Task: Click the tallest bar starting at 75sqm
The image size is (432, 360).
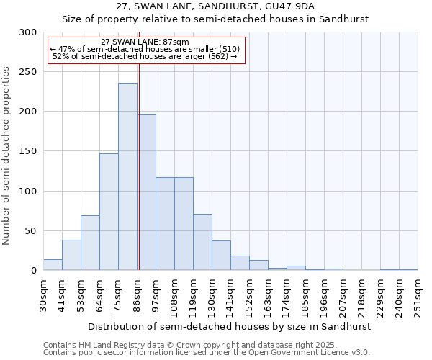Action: pos(127,176)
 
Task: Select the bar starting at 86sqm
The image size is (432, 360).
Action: pos(146,192)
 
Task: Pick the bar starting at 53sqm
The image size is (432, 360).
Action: pos(90,243)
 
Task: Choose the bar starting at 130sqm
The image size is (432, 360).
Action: pos(221,256)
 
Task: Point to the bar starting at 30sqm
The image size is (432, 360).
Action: pos(53,264)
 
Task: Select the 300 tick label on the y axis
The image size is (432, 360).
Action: pos(28,32)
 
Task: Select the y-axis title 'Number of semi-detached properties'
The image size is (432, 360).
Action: pos(7,156)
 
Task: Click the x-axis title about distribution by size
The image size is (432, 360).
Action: pos(230,326)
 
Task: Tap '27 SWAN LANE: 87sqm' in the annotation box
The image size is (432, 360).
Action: pos(145,42)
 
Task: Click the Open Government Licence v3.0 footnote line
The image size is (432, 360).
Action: pos(207,352)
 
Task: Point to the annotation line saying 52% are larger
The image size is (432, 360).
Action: pos(145,56)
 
